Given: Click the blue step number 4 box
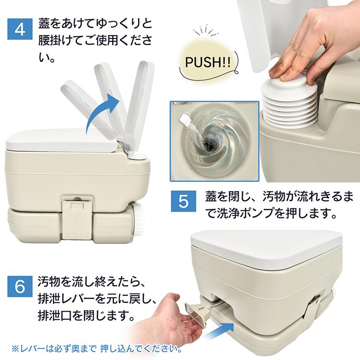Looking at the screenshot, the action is pos(20,29).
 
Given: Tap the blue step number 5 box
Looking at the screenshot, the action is pos(183,201).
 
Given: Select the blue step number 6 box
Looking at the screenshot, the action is pos(20,286).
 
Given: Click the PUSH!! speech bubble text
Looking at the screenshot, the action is pos(208,62).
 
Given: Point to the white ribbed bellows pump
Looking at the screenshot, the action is pos(289,100).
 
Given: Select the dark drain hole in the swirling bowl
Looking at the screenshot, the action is pos(210,143).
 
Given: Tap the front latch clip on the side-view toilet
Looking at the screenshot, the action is pos(77,220).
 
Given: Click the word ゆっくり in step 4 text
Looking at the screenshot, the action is pos(116,24).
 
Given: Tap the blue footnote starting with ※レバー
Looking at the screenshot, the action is pos(96,349).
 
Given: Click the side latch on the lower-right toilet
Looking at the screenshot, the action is pos(313,305).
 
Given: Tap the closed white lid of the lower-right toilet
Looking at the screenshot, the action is pos(266,249).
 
